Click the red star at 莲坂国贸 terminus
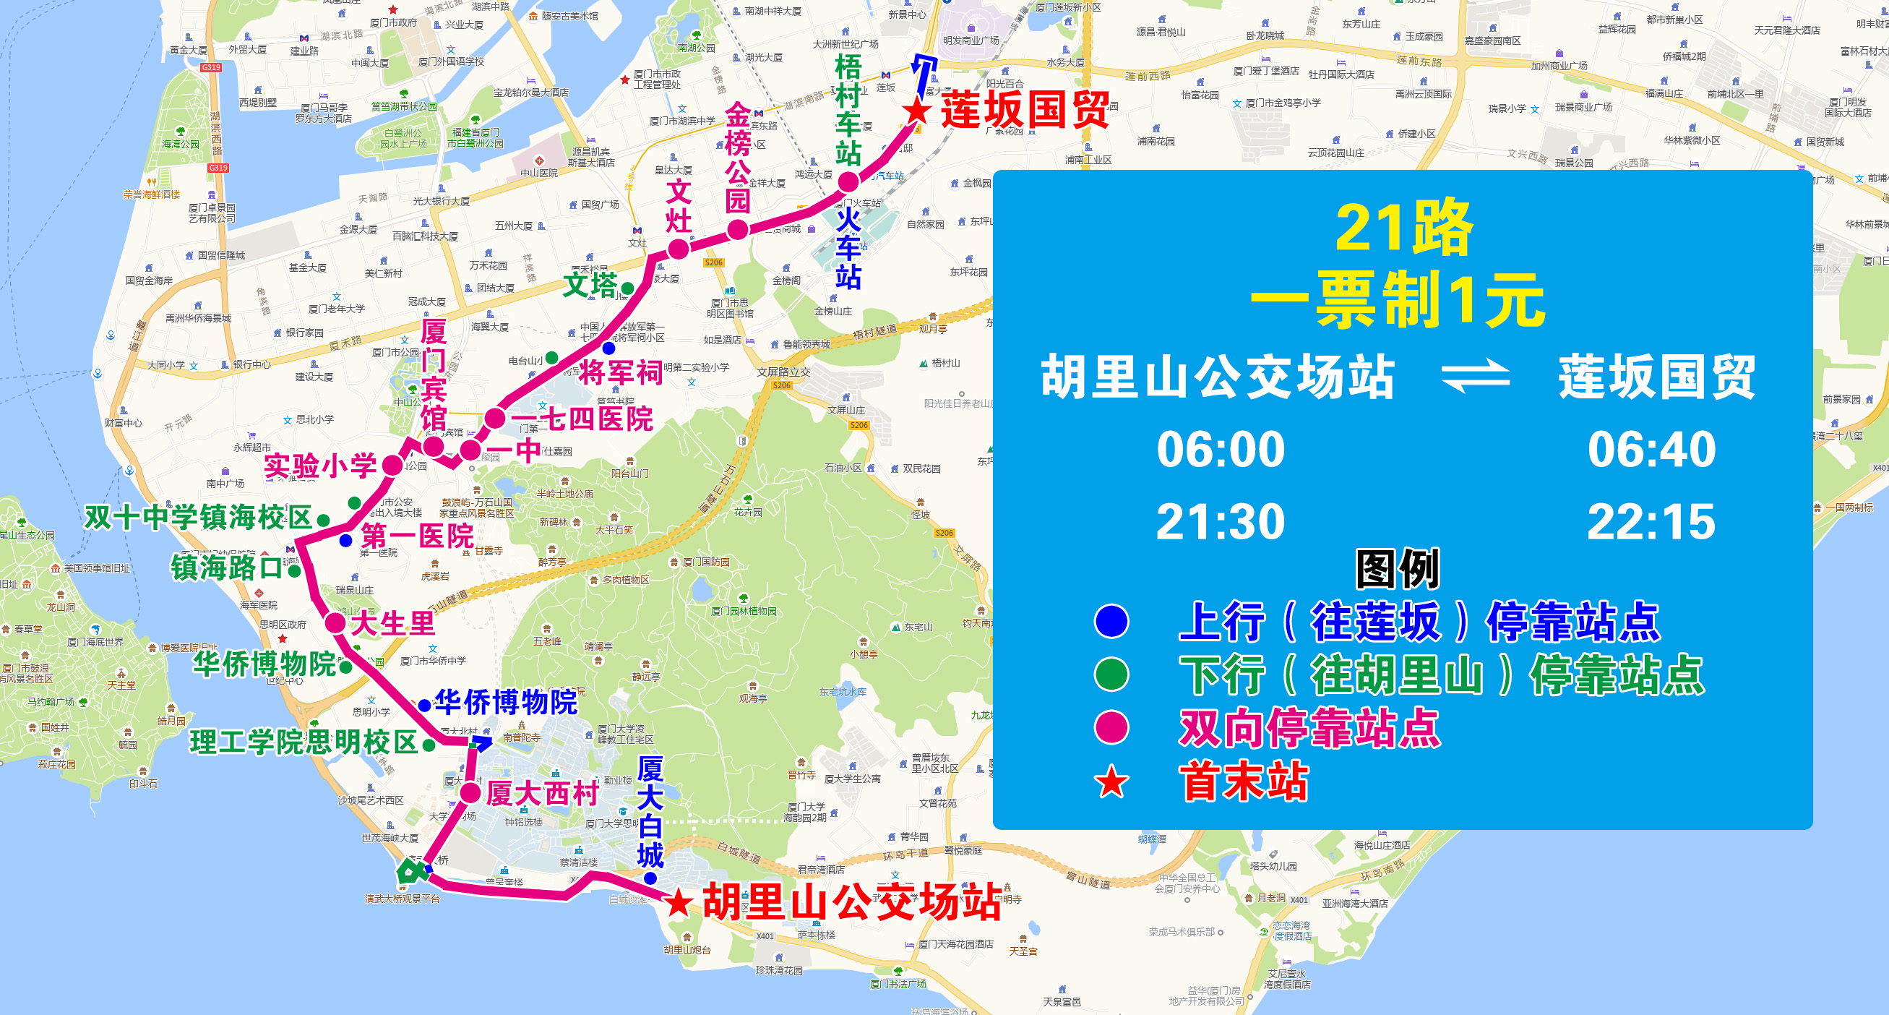click(916, 112)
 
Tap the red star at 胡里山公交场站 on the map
click(679, 903)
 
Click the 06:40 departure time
click(1651, 449)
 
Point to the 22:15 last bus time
click(1651, 521)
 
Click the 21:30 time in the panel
click(1221, 521)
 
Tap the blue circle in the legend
click(1111, 621)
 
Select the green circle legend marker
click(1111, 674)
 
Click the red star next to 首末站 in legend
click(1111, 781)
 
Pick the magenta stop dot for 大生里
click(335, 622)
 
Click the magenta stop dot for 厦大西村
click(470, 792)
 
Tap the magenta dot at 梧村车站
click(848, 181)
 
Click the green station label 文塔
click(590, 286)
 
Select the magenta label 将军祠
click(620, 372)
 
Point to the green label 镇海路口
click(227, 568)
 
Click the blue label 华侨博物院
click(506, 703)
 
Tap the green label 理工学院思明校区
click(304, 742)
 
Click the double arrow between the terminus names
click(1476, 376)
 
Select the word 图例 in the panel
click(1398, 568)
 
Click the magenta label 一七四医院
click(581, 419)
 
